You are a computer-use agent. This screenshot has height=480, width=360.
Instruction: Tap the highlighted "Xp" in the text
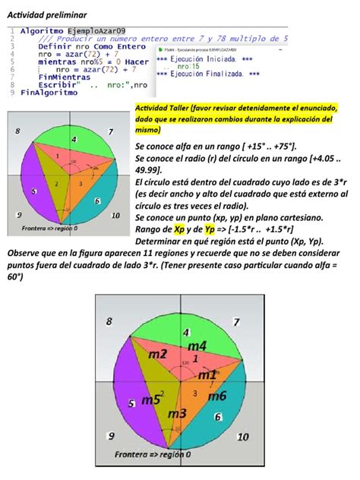(x=179, y=227)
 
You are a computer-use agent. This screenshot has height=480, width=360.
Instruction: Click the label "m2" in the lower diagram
(x=157, y=354)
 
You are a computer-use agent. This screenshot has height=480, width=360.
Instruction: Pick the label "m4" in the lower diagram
(x=197, y=346)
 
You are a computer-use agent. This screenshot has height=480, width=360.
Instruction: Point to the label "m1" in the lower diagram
(x=207, y=374)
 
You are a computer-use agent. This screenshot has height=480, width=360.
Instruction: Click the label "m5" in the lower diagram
(x=152, y=399)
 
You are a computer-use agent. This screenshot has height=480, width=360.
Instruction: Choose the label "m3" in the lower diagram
(x=178, y=414)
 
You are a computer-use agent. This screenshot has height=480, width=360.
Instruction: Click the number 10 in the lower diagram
(x=243, y=437)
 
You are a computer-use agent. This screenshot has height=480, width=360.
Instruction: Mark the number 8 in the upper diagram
(x=18, y=132)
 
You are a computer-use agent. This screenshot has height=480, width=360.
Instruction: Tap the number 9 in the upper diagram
(x=18, y=215)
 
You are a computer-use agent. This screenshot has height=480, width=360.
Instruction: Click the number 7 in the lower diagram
(x=236, y=322)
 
